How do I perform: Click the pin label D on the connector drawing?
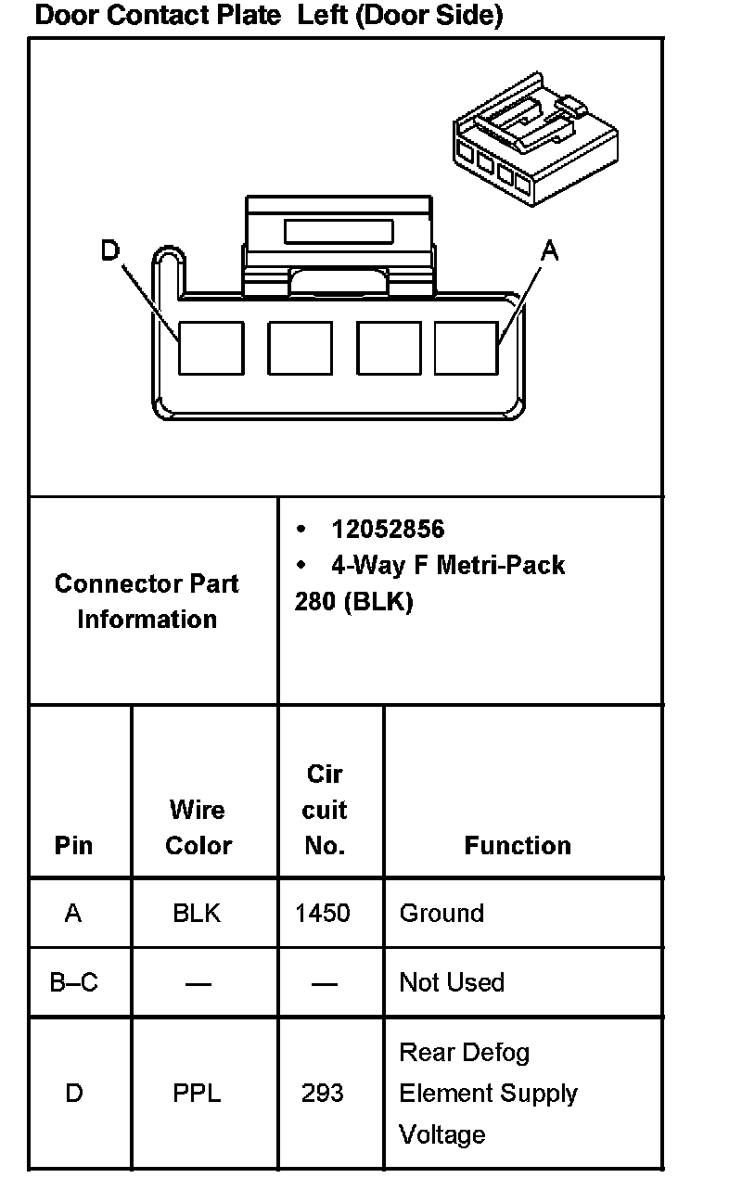click(110, 250)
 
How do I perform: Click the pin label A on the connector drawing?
click(550, 250)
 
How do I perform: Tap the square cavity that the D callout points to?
click(211, 348)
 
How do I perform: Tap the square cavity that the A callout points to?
click(467, 348)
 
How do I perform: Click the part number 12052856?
click(388, 530)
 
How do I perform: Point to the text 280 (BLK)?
click(353, 602)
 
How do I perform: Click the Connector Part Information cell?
click(147, 601)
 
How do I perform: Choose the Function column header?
click(518, 845)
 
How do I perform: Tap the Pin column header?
click(73, 845)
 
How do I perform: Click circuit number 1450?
click(323, 913)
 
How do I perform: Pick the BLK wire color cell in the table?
click(197, 913)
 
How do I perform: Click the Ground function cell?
click(441, 913)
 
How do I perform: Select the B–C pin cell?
click(73, 982)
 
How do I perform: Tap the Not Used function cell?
click(452, 982)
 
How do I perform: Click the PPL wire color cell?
click(197, 1094)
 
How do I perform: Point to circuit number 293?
click(323, 1094)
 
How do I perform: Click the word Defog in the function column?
click(496, 1053)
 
